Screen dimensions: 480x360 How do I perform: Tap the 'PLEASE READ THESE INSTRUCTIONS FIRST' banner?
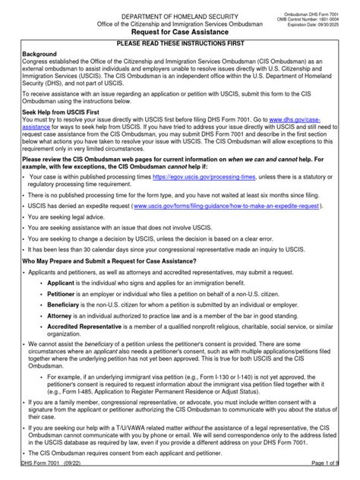pos(180,46)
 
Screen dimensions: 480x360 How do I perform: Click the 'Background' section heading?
pos(39,56)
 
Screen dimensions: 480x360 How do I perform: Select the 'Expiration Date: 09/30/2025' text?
pos(324,26)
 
